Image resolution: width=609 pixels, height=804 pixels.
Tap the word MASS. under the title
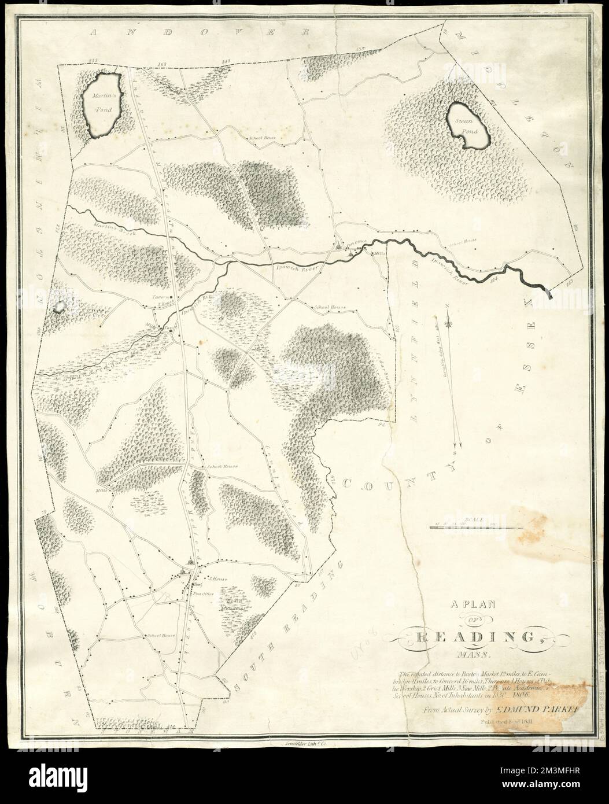click(473, 656)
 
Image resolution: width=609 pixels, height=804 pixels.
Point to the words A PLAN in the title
click(473, 605)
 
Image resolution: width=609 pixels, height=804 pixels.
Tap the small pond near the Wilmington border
click(58, 307)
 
